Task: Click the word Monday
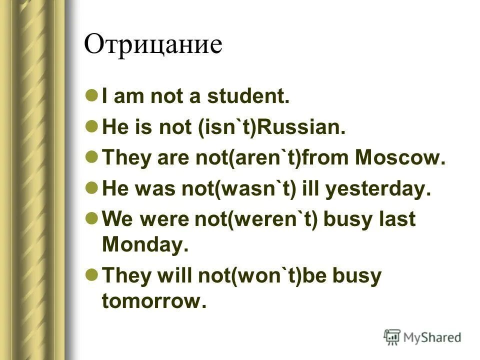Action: tap(144, 245)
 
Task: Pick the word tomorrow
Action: tap(153, 300)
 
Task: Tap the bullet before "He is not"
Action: tap(91, 126)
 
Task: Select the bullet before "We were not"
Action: tap(91, 219)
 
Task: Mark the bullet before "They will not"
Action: tap(91, 274)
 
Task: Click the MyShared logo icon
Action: tap(392, 336)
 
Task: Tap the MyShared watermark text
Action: tap(432, 337)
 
